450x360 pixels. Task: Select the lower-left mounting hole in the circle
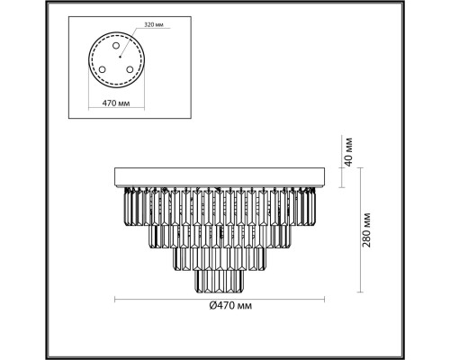(103, 69)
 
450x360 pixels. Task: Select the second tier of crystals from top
(220, 237)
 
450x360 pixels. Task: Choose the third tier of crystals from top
(220, 260)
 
